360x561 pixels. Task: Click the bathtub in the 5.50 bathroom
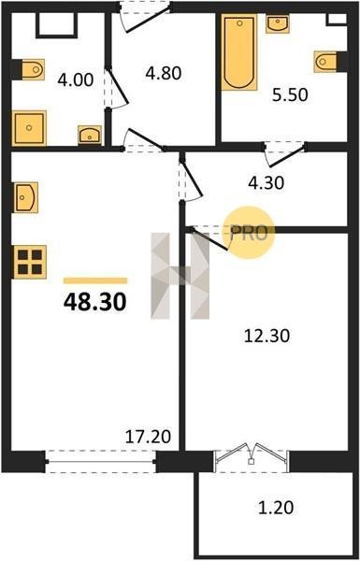[x=239, y=52]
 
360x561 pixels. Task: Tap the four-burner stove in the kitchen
[x=30, y=262]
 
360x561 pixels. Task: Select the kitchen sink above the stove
[x=25, y=197]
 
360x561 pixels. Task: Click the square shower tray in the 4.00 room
[x=29, y=128]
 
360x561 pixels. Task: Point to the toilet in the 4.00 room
[x=32, y=69]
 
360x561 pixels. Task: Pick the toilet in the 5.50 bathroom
[x=325, y=62]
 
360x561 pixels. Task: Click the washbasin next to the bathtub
[x=278, y=24]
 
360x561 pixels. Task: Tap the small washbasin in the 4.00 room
[x=90, y=135]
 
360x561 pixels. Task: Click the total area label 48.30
[x=94, y=302]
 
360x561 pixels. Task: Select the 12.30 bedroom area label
[x=266, y=337]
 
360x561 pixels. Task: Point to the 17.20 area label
[x=148, y=437]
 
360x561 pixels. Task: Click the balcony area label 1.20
[x=276, y=508]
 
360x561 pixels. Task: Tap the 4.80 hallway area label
[x=164, y=73]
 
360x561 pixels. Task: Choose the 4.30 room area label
[x=266, y=183]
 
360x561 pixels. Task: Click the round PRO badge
[x=249, y=233]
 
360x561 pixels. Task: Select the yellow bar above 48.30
[x=95, y=280]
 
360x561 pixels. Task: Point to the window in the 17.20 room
[x=101, y=462]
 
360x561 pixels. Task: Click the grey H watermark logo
[x=180, y=276]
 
